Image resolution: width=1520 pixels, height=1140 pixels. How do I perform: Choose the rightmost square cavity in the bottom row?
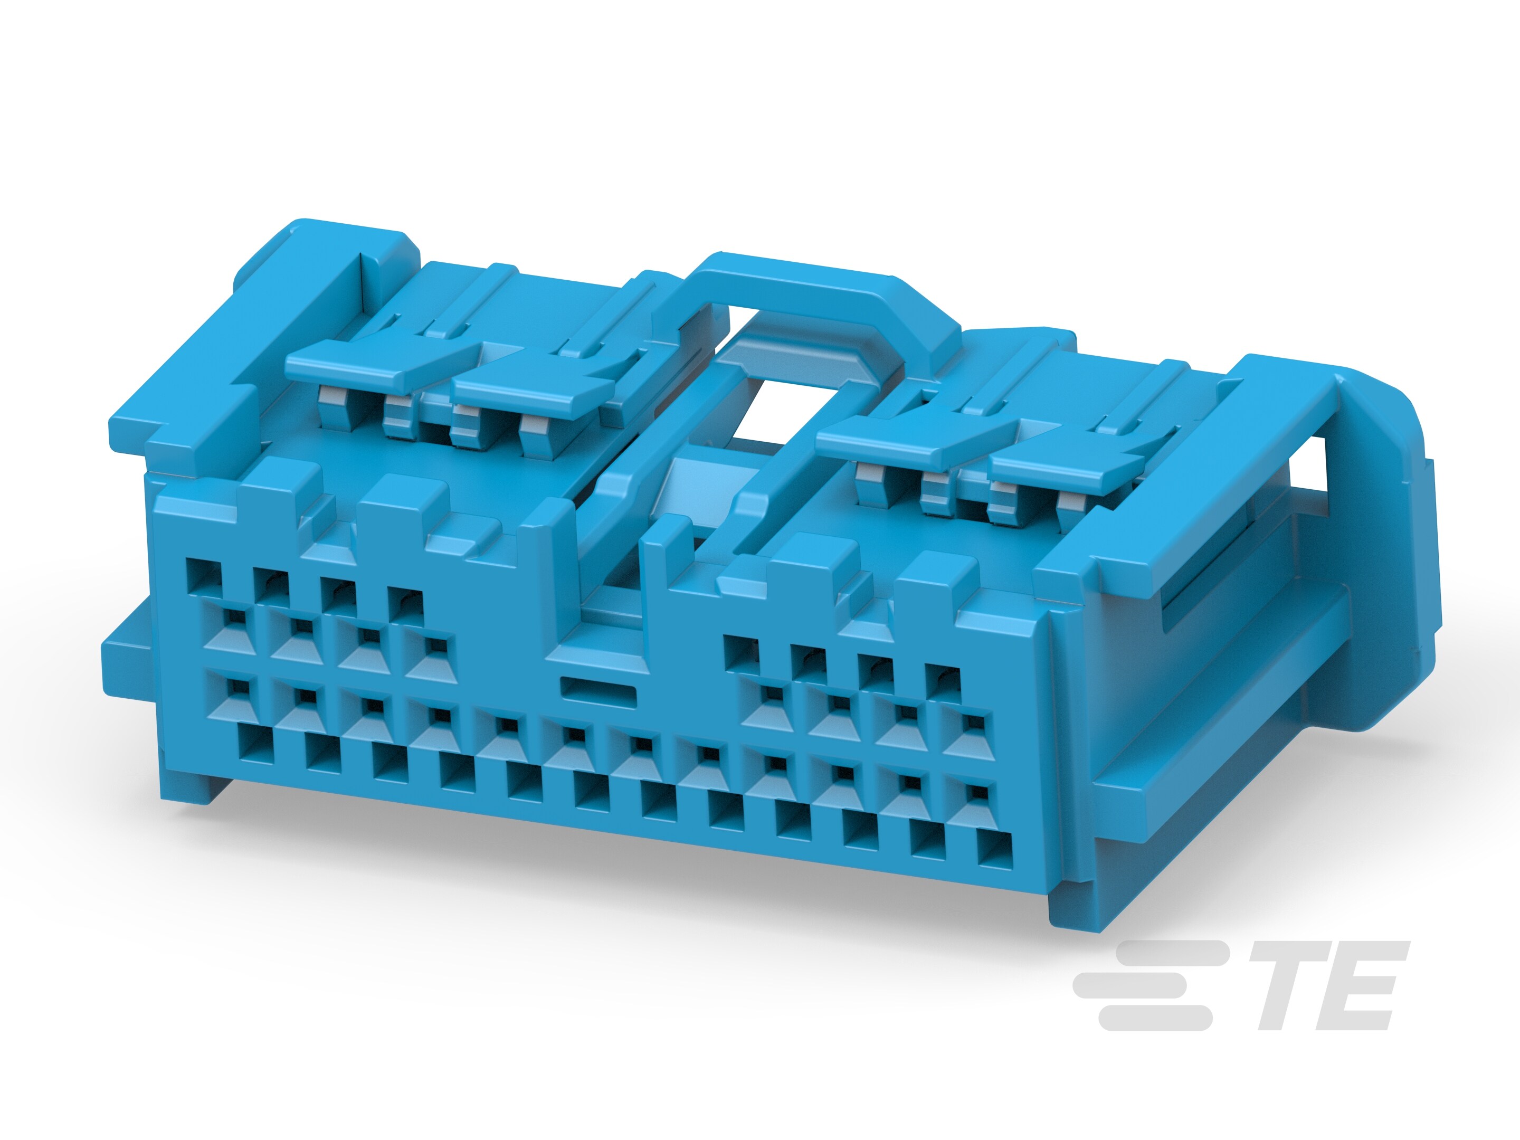994,852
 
